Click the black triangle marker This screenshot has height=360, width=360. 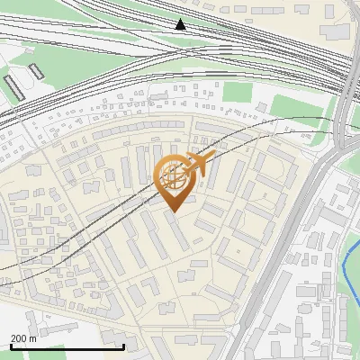point(180,24)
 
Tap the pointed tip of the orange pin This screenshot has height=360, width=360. point(174,211)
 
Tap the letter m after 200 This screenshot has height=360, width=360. point(33,338)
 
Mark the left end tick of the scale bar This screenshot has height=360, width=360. point(10,346)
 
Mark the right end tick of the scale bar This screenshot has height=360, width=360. point(123,346)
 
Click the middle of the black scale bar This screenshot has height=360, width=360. point(67,346)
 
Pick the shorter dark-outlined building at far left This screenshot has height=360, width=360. point(35,71)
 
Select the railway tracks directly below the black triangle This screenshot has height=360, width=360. point(180,45)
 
